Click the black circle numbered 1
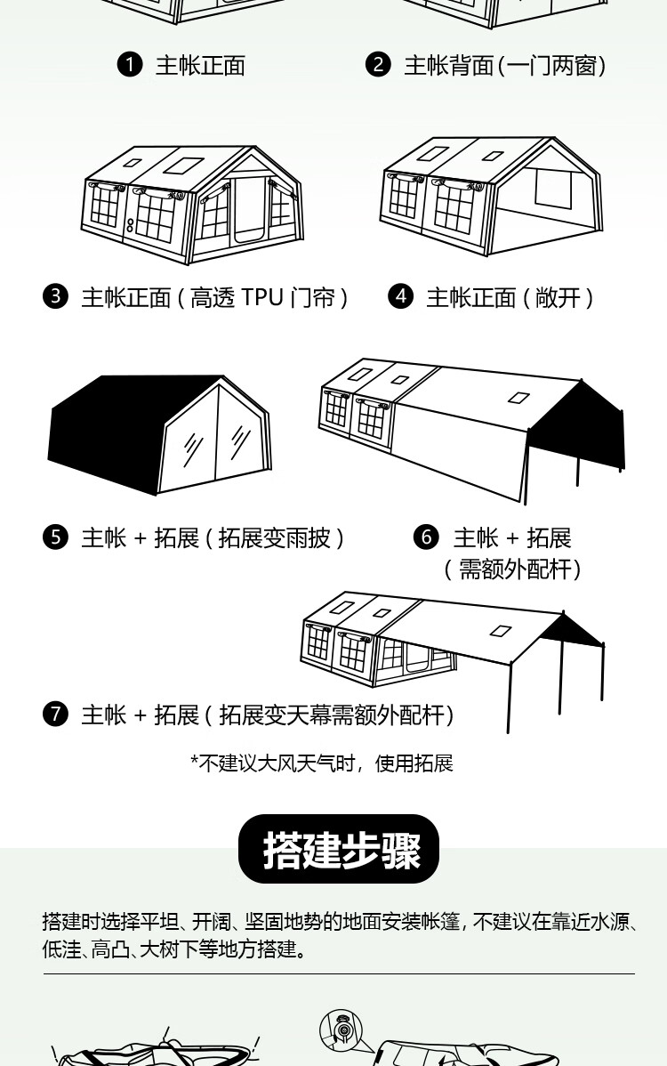(130, 65)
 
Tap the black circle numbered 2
(378, 65)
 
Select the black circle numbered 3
(55, 296)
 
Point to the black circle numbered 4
(401, 296)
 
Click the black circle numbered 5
(55, 537)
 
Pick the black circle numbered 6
(427, 537)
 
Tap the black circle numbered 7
(55, 715)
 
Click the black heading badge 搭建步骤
(339, 849)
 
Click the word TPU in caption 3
(261, 297)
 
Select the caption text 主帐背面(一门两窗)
(505, 66)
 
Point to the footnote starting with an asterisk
(321, 763)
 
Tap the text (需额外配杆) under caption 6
(512, 569)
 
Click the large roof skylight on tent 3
(182, 165)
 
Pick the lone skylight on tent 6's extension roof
(519, 397)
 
